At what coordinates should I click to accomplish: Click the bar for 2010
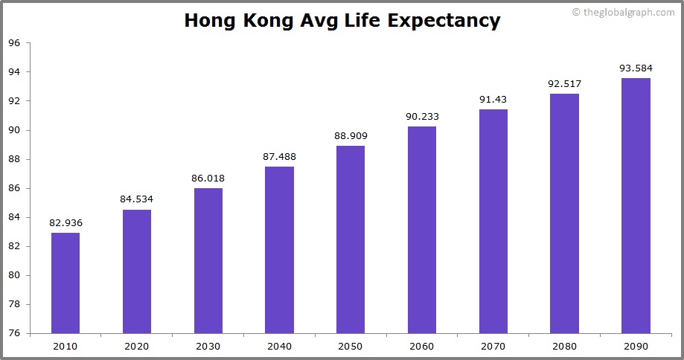[65, 283]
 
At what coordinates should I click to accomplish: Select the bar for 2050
[351, 239]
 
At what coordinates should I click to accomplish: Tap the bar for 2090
[636, 205]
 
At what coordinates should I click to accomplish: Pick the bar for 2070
[493, 221]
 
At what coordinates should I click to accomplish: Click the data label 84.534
[136, 199]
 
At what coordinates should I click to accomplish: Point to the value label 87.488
[279, 155]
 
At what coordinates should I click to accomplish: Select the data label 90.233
[422, 115]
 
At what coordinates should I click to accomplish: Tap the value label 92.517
[564, 83]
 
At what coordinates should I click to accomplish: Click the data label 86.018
[208, 178]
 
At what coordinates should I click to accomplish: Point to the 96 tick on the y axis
[14, 43]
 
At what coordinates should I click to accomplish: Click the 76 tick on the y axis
[14, 333]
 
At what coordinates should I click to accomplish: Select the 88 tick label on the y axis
[14, 159]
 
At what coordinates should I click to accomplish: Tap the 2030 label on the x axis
[208, 346]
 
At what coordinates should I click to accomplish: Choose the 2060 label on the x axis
[422, 346]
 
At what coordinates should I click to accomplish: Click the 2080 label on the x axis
[564, 346]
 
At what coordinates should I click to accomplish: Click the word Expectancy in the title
[444, 21]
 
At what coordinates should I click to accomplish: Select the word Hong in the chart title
[211, 21]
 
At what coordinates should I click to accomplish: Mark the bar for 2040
[279, 250]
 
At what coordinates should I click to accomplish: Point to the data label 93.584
[636, 68]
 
